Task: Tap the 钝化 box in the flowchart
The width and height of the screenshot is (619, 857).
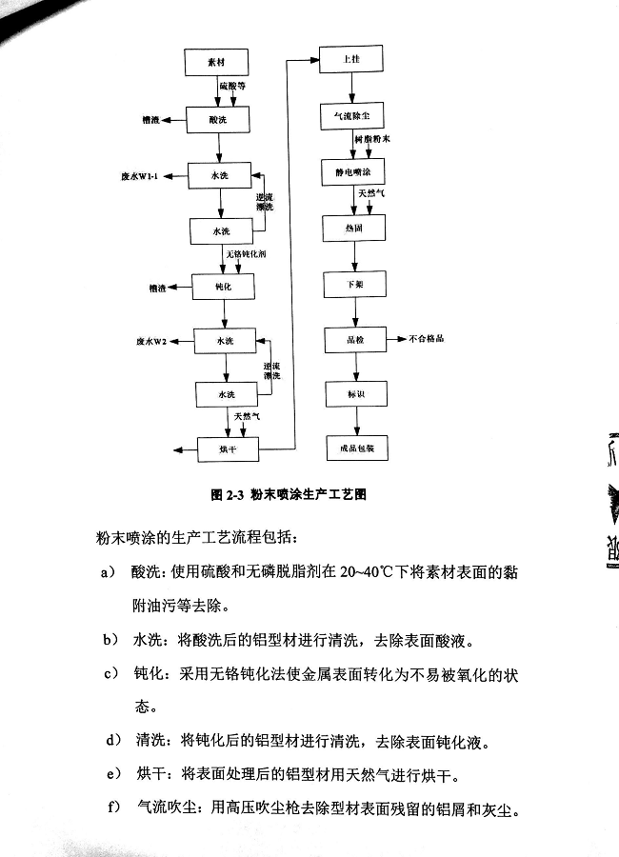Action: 221,286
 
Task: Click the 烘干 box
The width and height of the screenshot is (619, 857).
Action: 228,448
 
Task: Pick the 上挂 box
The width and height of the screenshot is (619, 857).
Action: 351,60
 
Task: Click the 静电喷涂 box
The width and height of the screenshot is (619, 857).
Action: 353,173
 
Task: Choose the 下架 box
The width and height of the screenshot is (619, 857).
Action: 355,284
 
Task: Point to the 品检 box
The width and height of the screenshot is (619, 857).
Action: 355,338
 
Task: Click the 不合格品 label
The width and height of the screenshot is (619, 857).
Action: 429,338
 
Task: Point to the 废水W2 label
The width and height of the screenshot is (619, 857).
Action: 151,340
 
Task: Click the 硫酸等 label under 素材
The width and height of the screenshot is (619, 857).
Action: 232,86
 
